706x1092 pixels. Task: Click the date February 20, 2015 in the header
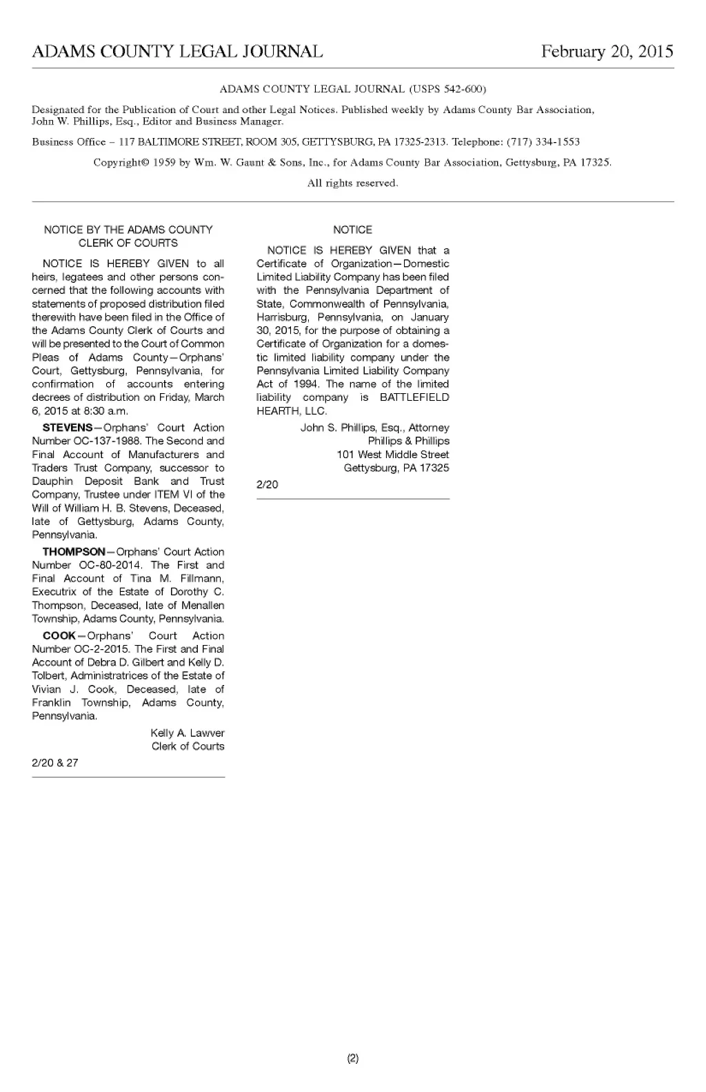click(607, 52)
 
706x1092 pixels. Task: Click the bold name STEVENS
click(68, 428)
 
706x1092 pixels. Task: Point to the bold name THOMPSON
click(74, 552)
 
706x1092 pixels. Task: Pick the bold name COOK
click(59, 635)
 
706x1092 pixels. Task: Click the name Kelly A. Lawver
click(187, 733)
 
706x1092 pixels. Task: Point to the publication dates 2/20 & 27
click(55, 762)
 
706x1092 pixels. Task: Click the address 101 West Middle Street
click(392, 455)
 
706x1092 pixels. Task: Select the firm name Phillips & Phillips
click(408, 441)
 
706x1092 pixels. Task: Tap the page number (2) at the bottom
click(352, 1058)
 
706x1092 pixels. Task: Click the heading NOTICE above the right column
click(352, 230)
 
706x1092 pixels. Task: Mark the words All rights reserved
click(352, 183)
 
